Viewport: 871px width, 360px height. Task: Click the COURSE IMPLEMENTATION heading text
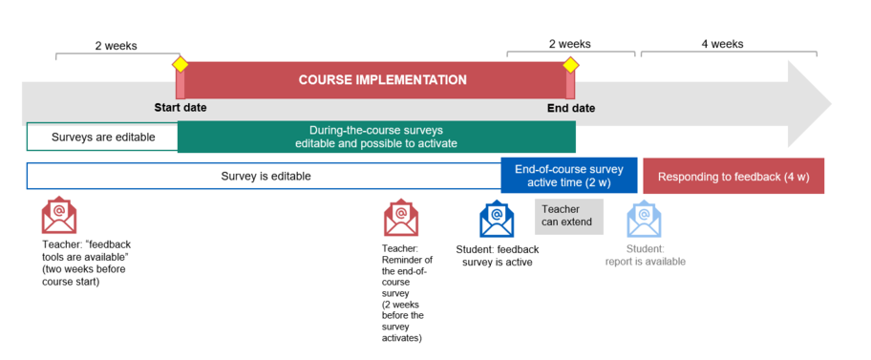click(x=383, y=80)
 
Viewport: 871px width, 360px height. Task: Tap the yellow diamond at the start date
click(x=180, y=64)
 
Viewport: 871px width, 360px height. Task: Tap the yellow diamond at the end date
click(x=570, y=65)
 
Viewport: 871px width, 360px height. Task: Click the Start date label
click(x=181, y=108)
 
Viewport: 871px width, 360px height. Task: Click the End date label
click(x=571, y=109)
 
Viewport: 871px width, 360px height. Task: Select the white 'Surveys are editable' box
click(x=103, y=137)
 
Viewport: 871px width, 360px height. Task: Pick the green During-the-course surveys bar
click(x=376, y=137)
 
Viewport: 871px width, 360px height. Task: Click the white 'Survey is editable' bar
click(x=265, y=177)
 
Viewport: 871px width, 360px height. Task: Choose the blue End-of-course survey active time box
click(x=569, y=176)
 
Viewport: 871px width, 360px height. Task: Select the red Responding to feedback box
click(x=733, y=177)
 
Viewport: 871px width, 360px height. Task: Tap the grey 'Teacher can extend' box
click(x=569, y=216)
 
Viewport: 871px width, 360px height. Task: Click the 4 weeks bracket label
click(x=722, y=44)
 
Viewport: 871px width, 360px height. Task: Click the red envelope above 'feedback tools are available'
click(x=59, y=216)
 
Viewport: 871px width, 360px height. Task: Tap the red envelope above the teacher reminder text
click(x=401, y=218)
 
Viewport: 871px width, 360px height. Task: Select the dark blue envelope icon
click(x=498, y=219)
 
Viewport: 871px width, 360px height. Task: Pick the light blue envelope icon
click(x=644, y=219)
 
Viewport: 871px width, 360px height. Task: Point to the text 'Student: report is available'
click(x=645, y=255)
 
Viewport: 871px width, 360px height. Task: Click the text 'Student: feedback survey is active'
click(x=498, y=256)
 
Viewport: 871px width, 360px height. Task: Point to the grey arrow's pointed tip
click(x=832, y=104)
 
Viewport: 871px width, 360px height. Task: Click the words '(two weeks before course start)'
click(x=84, y=276)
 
